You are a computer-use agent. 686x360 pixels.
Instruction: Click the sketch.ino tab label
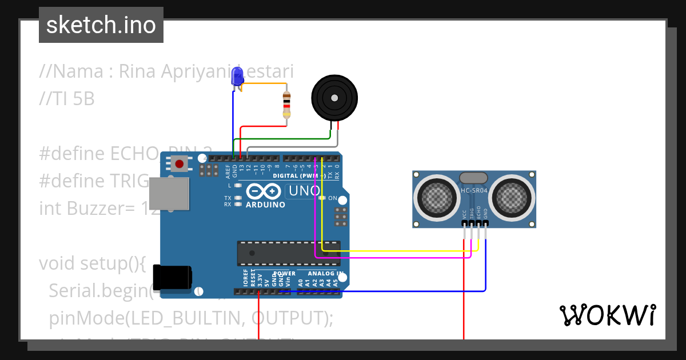101,25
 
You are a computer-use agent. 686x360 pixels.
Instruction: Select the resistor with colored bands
286,105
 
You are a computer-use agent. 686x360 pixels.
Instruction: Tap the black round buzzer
334,98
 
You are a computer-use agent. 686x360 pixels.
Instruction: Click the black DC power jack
175,278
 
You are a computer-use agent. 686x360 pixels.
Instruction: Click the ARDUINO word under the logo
265,205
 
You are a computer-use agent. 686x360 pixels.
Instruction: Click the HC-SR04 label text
474,191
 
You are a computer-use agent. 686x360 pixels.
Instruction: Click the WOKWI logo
607,315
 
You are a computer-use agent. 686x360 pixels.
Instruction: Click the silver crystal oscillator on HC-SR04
474,178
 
